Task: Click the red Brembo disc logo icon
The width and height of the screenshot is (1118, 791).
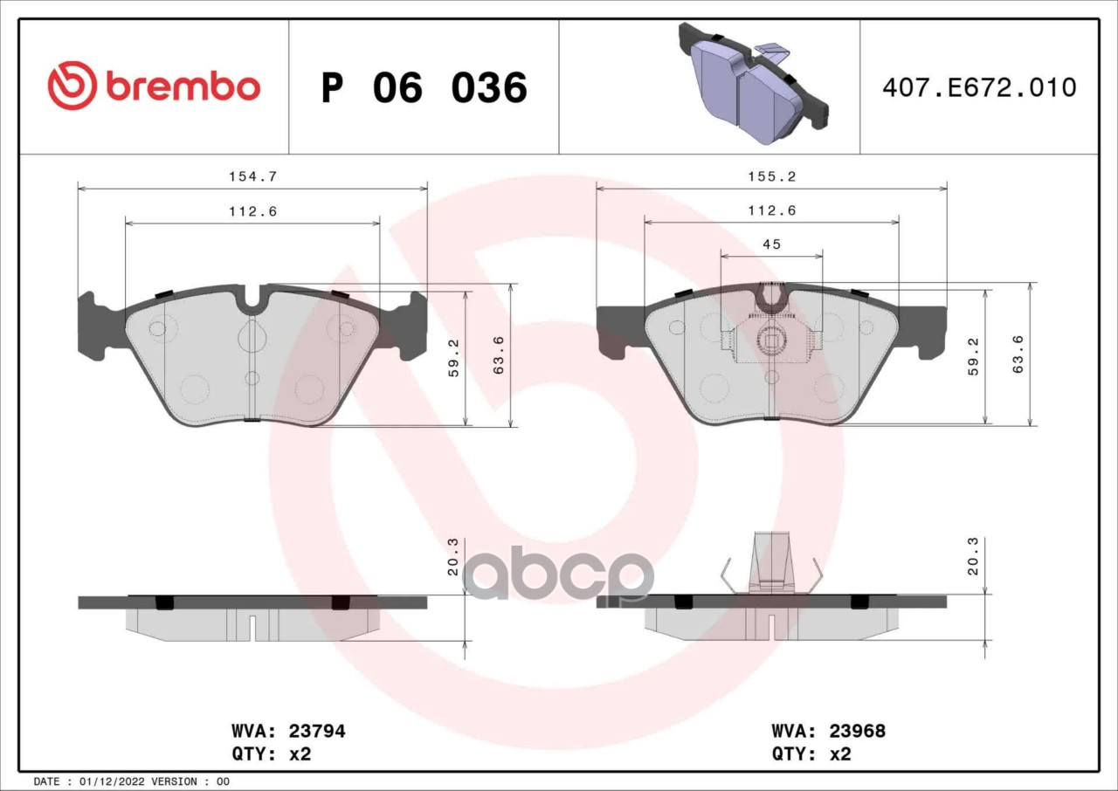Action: (x=72, y=86)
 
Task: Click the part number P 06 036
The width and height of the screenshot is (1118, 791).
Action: (x=424, y=88)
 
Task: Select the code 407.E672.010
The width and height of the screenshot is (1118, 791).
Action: (x=979, y=88)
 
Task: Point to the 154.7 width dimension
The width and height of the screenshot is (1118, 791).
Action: (x=252, y=176)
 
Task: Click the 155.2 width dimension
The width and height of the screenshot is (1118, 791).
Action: (x=771, y=176)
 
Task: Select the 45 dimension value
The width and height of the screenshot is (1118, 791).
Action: (x=771, y=244)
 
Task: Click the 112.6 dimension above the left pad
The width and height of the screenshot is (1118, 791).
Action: (x=252, y=211)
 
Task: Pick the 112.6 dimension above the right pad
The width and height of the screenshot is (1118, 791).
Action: (x=771, y=210)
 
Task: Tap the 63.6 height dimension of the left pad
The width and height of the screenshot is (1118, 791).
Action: (x=499, y=354)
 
